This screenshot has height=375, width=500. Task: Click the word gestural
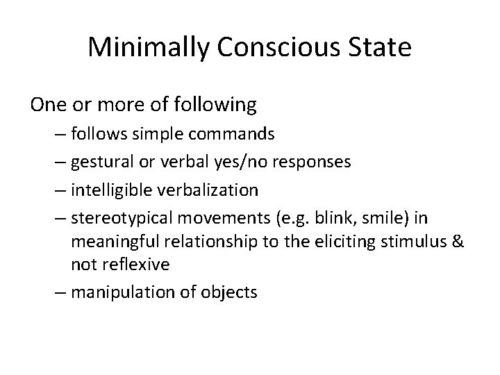97,162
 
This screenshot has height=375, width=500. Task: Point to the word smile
385,218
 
